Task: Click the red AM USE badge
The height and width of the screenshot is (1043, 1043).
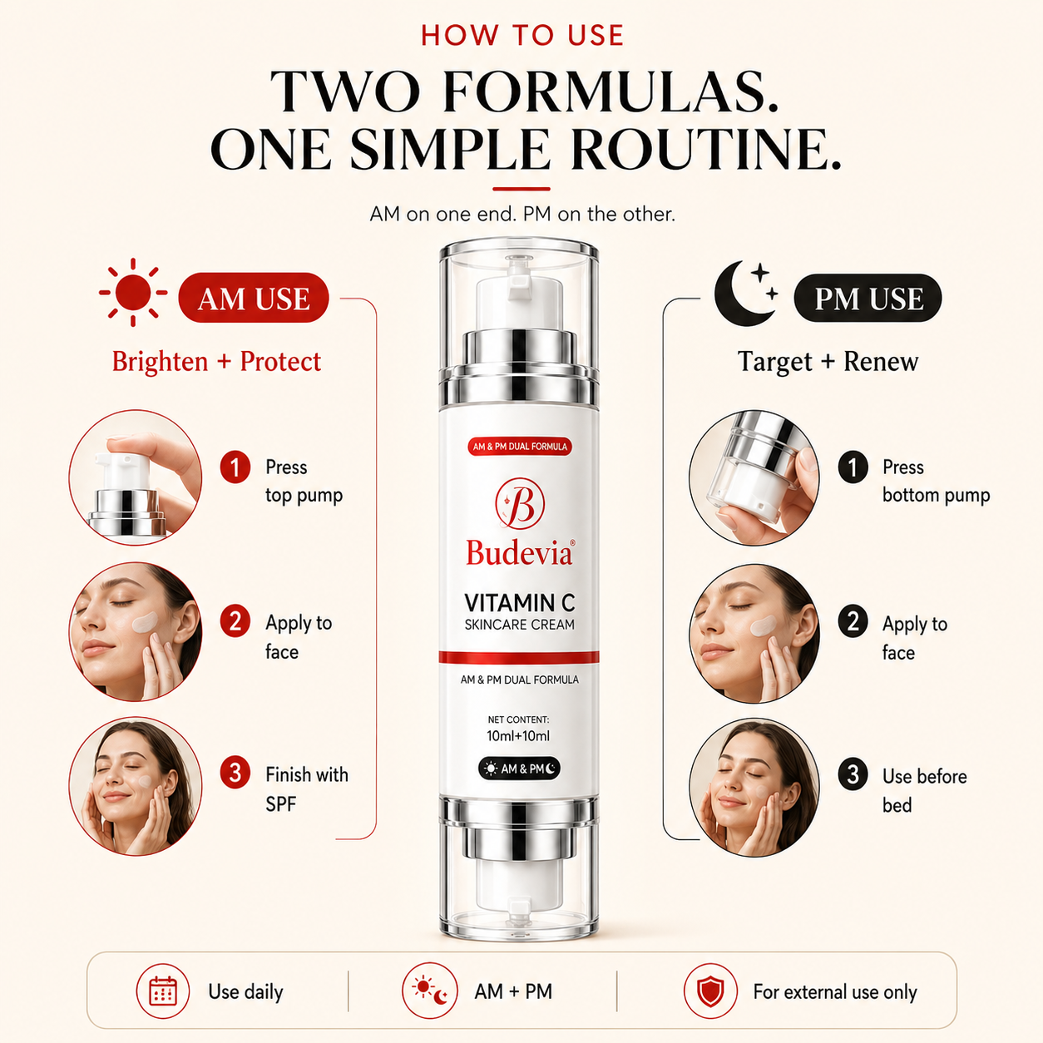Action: pos(254,299)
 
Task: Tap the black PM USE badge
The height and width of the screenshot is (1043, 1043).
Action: pos(868,299)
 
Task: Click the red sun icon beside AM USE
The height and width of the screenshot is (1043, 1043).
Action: pos(132,292)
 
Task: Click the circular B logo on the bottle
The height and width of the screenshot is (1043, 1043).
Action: pos(520,503)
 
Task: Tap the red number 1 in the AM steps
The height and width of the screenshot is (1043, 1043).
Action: pos(235,467)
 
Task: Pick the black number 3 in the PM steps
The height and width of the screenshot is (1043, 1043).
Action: pos(853,774)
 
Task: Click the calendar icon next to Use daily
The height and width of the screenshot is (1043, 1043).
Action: pos(162,991)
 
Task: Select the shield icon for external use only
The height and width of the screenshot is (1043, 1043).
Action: pos(710,991)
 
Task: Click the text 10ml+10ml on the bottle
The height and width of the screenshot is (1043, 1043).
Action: pos(518,736)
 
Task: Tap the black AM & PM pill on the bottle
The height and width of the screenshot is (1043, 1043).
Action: pos(519,769)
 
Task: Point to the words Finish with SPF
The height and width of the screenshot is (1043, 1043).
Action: pos(306,789)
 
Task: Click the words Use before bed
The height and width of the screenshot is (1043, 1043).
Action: pos(924,791)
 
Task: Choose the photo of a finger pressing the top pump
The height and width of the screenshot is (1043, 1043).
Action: pos(136,477)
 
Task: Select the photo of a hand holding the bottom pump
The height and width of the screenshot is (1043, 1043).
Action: pos(754,477)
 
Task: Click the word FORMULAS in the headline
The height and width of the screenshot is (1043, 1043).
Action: pos(610,91)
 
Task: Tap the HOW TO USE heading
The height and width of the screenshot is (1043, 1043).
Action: pos(522,35)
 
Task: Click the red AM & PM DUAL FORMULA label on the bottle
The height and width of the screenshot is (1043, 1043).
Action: pos(520,447)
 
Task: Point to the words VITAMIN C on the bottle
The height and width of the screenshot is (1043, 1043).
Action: pos(520,603)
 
